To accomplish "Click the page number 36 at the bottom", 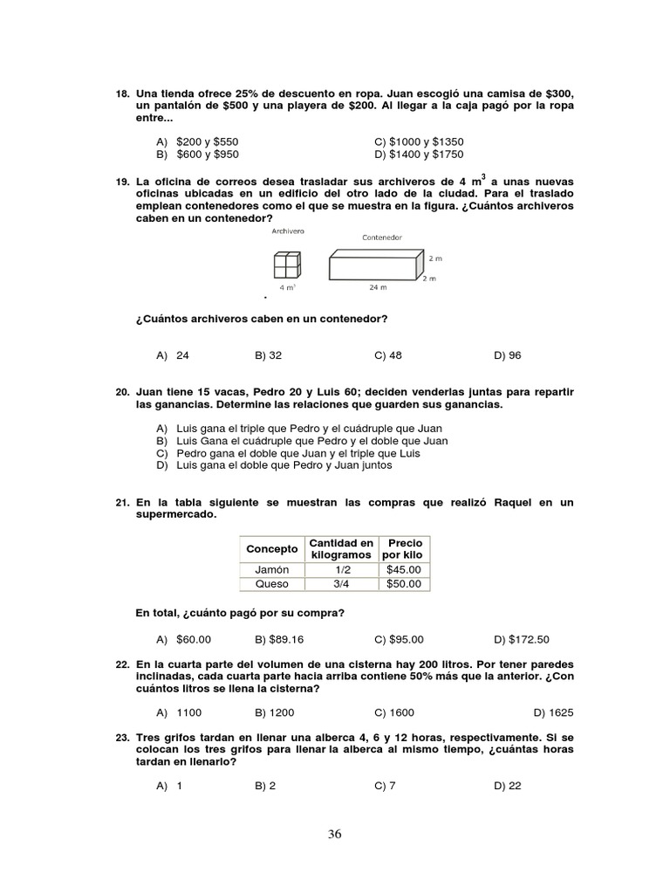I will click(335, 834).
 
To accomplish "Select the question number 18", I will click(122, 93).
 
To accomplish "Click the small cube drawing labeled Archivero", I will click(287, 264).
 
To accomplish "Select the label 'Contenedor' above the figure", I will click(381, 237).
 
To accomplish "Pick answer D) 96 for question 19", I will click(507, 355).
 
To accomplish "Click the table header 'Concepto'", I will click(271, 549).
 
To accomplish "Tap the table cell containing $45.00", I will click(403, 569).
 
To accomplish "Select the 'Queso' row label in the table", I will click(271, 584).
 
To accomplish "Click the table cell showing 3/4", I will click(341, 584).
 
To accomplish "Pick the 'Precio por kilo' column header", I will click(404, 549).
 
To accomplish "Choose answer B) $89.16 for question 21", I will click(279, 639).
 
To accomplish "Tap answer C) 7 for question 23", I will click(385, 786).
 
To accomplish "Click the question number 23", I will click(122, 738).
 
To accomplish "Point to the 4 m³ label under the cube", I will click(287, 286).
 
